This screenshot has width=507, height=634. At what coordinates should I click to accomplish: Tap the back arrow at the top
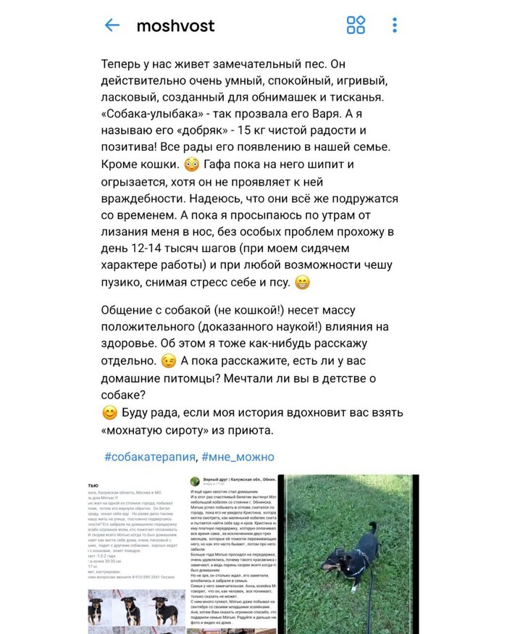[112, 25]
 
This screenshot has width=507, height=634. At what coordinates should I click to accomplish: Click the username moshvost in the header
[175, 25]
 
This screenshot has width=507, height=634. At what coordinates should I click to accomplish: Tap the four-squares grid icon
[356, 25]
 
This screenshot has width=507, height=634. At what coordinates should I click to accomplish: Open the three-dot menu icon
[395, 25]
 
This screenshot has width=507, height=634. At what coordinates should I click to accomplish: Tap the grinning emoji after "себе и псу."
[303, 282]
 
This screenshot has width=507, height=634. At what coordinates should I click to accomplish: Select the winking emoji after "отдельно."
[168, 360]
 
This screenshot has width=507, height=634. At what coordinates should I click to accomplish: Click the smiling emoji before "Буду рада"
[109, 414]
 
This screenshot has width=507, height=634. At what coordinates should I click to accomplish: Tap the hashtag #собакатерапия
[149, 456]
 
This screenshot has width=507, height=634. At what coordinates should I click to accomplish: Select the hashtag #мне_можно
[238, 456]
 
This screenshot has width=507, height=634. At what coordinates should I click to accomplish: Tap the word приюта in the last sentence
[251, 430]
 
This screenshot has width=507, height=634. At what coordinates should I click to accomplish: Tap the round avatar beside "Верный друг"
[195, 482]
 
